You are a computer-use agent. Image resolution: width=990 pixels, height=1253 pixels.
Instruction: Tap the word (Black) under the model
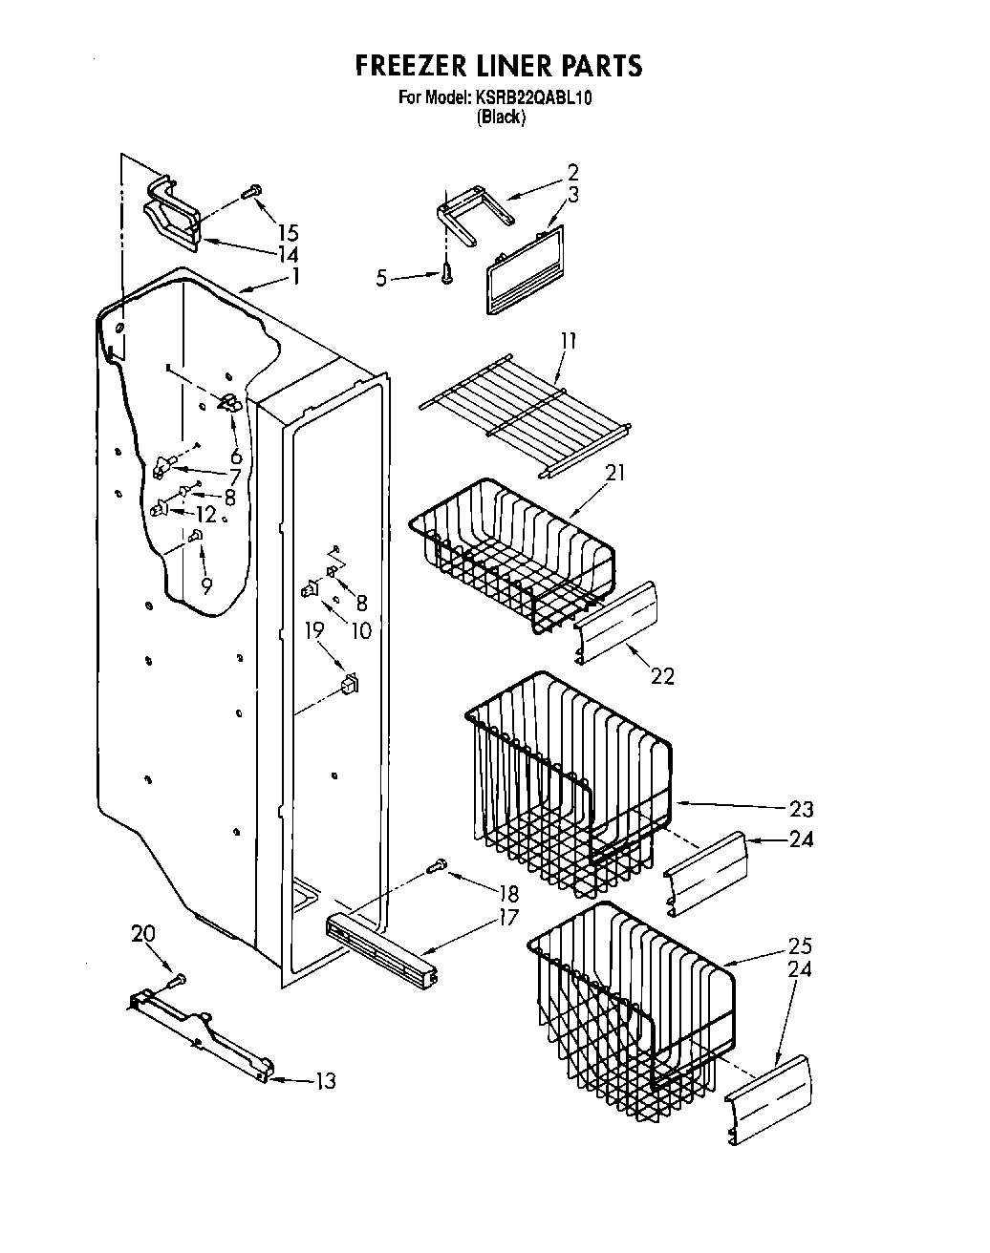pos(501,117)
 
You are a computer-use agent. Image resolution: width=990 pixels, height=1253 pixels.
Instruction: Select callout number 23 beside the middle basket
pos(801,809)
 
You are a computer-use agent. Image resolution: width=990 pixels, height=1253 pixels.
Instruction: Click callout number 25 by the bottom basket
pos(800,945)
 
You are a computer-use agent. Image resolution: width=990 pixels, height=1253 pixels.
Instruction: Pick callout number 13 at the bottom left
pos(326,1081)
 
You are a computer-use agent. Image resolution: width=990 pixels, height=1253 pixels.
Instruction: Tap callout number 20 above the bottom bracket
pos(143,933)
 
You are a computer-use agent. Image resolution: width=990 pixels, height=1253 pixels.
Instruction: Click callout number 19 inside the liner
pos(313,629)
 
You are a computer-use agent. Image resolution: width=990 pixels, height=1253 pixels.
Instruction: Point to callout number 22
pos(662,676)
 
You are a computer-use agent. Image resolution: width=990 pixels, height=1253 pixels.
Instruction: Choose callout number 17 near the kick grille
pos(507,918)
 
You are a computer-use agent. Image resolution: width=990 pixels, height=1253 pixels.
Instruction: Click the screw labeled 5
pos(446,275)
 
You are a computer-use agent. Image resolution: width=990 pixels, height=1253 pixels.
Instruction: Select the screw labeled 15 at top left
pos(252,192)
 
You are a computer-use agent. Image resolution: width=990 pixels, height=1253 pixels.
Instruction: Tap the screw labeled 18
pos(439,865)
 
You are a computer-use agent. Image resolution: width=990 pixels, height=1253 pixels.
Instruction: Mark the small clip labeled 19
pos(350,684)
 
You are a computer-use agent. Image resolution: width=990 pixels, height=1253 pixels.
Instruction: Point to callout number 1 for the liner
pos(295,277)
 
